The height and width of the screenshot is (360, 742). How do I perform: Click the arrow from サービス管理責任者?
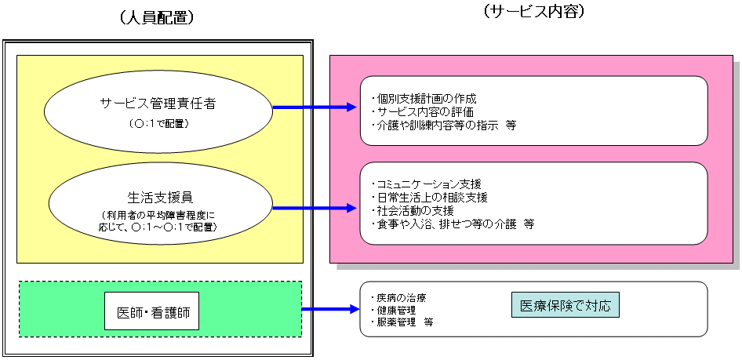pyautogui.click(x=314, y=107)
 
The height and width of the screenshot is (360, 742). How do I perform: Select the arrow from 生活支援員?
pyautogui.click(x=314, y=209)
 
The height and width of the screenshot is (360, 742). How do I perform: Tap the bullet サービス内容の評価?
pyautogui.click(x=424, y=111)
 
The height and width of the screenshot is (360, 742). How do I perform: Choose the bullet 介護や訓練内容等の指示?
pyautogui.click(x=439, y=125)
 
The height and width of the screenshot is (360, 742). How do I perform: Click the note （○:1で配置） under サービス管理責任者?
pyautogui.click(x=158, y=123)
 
